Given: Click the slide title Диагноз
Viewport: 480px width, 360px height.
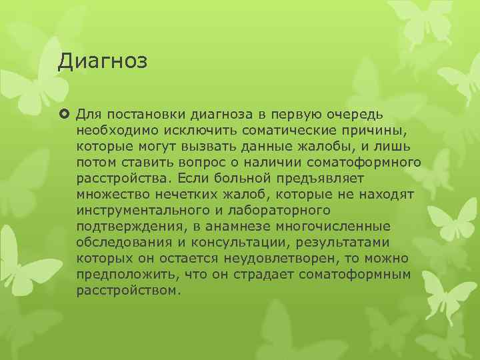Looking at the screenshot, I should pyautogui.click(x=102, y=62).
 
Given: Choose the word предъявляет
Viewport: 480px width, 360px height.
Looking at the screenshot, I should pyautogui.click(x=321, y=177).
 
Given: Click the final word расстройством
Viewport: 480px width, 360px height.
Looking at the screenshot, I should pyautogui.click(x=128, y=291).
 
